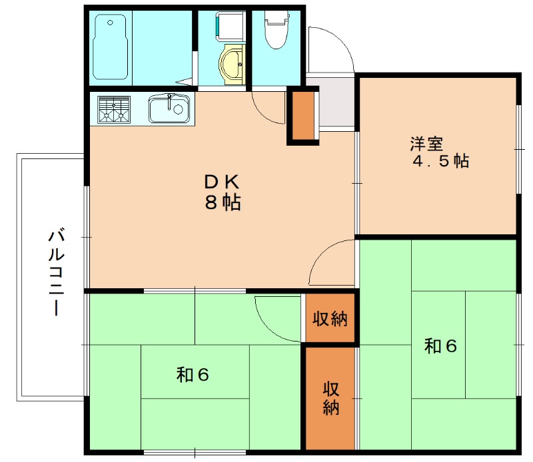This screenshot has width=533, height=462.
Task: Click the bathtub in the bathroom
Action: [111, 47]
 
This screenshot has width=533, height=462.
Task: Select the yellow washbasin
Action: [231, 65]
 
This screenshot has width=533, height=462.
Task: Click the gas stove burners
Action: [114, 109]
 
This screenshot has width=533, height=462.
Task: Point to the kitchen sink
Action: [170, 109]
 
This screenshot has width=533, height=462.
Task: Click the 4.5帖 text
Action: [440, 161]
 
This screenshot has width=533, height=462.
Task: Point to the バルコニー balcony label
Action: [57, 273]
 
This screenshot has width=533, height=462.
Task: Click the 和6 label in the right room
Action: [440, 346]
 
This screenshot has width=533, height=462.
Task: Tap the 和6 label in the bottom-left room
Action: [193, 375]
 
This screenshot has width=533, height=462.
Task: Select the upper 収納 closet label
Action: [330, 319]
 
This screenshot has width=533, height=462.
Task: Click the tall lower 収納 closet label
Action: [330, 397]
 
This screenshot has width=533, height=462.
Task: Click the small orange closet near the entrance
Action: [303, 116]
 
